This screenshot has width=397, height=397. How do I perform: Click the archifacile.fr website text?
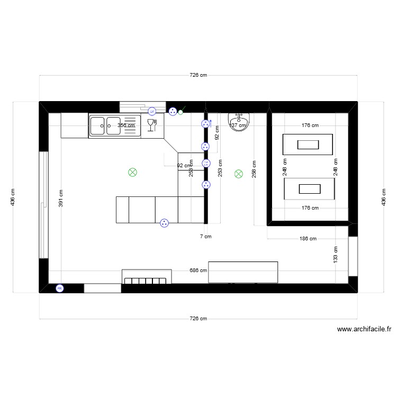tap(364, 329)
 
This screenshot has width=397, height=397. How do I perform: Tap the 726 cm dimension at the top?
tap(198, 76)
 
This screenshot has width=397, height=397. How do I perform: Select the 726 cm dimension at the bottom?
tap(198, 319)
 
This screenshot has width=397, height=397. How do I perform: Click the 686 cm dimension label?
tap(198, 270)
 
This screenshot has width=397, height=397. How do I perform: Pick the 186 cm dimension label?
tap(308, 239)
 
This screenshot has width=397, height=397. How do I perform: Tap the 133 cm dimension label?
tap(336, 254)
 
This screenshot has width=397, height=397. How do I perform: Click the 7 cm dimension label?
tap(205, 237)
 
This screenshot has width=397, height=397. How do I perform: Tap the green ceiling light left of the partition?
tap(132, 172)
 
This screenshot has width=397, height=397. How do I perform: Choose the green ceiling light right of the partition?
tap(238, 173)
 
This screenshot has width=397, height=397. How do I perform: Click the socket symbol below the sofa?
tap(165, 223)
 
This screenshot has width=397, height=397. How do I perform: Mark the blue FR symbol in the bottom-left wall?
tap(59, 288)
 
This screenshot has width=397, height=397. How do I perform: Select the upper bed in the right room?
tap(308, 144)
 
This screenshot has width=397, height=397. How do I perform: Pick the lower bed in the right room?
tap(310, 189)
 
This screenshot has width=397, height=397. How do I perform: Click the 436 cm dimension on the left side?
tap(14, 197)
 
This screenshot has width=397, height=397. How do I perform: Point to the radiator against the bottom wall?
tap(147, 277)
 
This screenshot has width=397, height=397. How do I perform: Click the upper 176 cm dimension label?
tap(310, 125)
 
